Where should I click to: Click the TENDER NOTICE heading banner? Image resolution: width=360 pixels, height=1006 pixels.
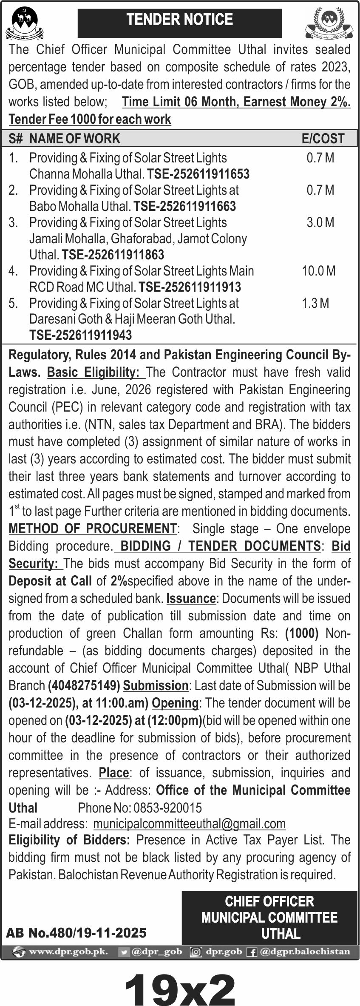tap(179, 20)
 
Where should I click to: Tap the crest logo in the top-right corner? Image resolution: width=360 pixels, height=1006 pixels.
tap(329, 23)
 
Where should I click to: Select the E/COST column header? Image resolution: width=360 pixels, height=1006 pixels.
tap(323, 139)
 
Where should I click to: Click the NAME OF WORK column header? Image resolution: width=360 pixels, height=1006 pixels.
tap(75, 139)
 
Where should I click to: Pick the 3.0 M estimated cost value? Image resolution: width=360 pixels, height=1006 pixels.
tap(320, 222)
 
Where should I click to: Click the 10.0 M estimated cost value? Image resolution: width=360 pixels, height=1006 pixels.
tap(318, 271)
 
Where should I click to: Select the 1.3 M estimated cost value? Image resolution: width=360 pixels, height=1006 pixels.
tap(315, 303)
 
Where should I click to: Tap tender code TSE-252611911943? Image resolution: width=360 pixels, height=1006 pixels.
tap(80, 335)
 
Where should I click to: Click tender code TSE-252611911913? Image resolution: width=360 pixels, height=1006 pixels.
tap(190, 287)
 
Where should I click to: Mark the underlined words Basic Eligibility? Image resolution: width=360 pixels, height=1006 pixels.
tap(96, 372)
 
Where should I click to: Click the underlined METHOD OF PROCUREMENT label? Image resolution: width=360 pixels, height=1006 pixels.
tap(93, 529)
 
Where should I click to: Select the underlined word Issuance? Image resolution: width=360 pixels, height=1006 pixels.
tap(191, 599)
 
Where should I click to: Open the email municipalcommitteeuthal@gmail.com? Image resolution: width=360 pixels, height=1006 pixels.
tap(189, 824)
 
